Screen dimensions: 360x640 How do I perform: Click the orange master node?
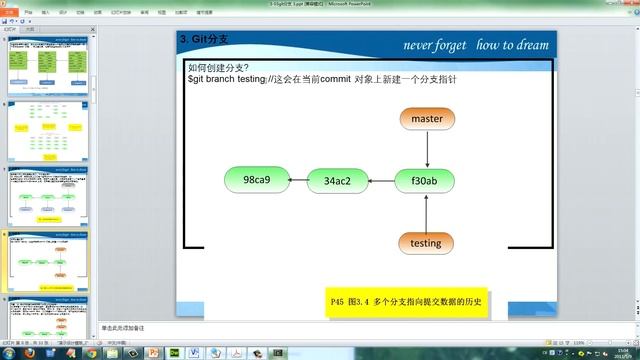(427, 118)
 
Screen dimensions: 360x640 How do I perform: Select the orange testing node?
(425, 242)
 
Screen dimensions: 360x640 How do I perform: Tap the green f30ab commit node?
(425, 181)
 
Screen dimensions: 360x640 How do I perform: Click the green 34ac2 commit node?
(336, 181)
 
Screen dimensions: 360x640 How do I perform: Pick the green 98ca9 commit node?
(256, 180)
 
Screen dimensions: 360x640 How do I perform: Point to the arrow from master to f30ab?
(426, 149)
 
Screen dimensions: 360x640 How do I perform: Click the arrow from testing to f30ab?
(426, 212)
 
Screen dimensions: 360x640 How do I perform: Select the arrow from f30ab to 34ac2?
(381, 182)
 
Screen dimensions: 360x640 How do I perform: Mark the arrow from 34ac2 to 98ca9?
(297, 181)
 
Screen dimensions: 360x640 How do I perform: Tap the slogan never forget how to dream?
(475, 45)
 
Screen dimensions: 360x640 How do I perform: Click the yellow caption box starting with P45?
(405, 302)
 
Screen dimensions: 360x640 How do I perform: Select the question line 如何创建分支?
(219, 68)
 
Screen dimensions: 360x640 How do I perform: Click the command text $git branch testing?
(226, 79)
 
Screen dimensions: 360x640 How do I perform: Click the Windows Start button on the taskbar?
(8, 352)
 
